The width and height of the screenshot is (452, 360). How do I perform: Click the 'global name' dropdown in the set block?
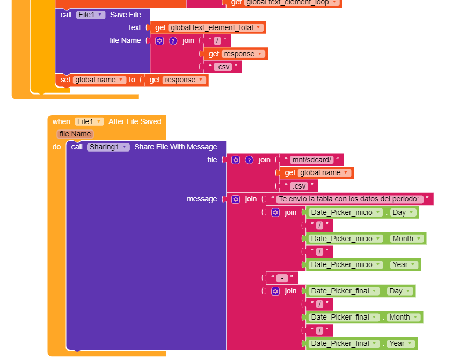pyautogui.click(x=99, y=80)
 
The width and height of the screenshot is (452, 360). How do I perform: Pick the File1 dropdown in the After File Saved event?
pyautogui.click(x=89, y=121)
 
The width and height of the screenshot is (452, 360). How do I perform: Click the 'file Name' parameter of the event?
pyautogui.click(x=75, y=134)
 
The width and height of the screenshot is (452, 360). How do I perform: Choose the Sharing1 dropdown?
pyautogui.click(x=108, y=147)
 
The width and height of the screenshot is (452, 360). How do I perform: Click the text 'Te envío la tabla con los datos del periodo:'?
pyautogui.click(x=348, y=199)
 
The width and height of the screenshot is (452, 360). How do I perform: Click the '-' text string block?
pyautogui.click(x=282, y=278)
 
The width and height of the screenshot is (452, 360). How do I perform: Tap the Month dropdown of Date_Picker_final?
pyautogui.click(x=403, y=317)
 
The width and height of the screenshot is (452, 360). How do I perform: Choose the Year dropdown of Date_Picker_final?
pyautogui.click(x=400, y=343)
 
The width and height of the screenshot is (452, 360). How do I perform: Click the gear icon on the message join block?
pyautogui.click(x=236, y=199)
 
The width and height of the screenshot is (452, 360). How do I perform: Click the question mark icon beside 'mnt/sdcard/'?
pyautogui.click(x=249, y=160)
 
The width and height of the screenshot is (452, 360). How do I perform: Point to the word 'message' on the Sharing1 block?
pyautogui.click(x=202, y=199)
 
